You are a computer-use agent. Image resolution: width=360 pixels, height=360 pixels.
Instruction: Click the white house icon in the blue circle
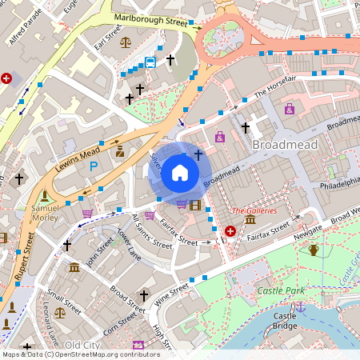tap(180, 173)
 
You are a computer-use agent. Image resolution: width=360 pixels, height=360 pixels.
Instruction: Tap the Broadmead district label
tap(285, 145)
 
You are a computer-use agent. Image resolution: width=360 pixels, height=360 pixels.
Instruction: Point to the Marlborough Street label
tap(150, 22)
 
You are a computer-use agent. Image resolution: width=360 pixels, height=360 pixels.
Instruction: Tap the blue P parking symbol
tap(94, 166)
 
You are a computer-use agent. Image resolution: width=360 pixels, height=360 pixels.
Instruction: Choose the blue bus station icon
tap(150, 62)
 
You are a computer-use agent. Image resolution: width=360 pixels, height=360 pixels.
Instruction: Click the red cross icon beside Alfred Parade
tap(7, 78)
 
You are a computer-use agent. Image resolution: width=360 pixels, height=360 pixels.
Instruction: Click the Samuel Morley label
tap(46, 212)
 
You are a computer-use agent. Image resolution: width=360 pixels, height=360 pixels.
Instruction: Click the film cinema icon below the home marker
tap(195, 205)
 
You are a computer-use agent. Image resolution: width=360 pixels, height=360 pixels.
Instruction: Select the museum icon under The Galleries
tap(250, 220)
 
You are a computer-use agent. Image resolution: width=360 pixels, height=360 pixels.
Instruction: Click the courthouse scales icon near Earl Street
tap(125, 42)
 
